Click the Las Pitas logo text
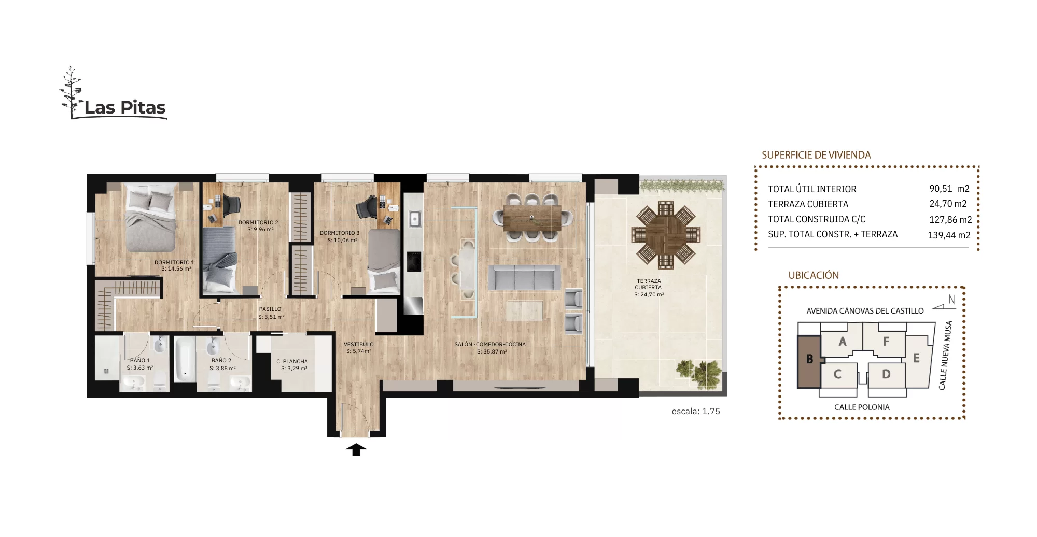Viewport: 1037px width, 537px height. [125, 107]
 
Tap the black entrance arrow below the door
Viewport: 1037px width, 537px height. [356, 449]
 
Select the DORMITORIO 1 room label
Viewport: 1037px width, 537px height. [174, 262]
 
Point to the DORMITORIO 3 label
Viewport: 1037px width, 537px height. [340, 233]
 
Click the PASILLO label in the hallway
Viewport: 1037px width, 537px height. [270, 309]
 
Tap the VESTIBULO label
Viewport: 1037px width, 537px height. [359, 344]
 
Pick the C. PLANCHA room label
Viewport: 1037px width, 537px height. [292, 362]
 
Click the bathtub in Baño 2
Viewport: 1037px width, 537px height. [184, 359]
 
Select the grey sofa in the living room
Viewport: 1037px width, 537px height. [525, 277]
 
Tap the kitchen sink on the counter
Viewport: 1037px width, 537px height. [414, 219]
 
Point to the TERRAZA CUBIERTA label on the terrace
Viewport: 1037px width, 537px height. [648, 284]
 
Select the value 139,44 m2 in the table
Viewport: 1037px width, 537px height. [949, 235]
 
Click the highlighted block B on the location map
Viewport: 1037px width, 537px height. [809, 361]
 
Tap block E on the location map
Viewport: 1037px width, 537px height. [916, 359]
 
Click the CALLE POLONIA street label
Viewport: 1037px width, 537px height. [862, 407]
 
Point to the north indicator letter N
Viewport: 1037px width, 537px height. [951, 300]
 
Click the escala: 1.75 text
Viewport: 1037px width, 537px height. [696, 412]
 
